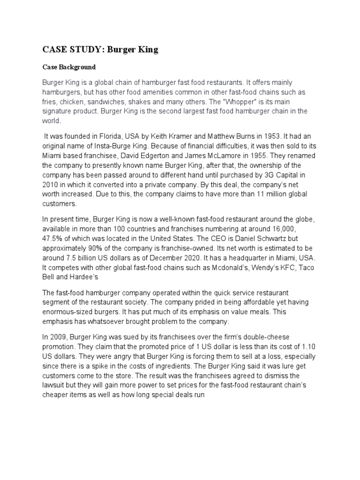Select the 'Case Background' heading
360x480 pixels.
tap(69, 67)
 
